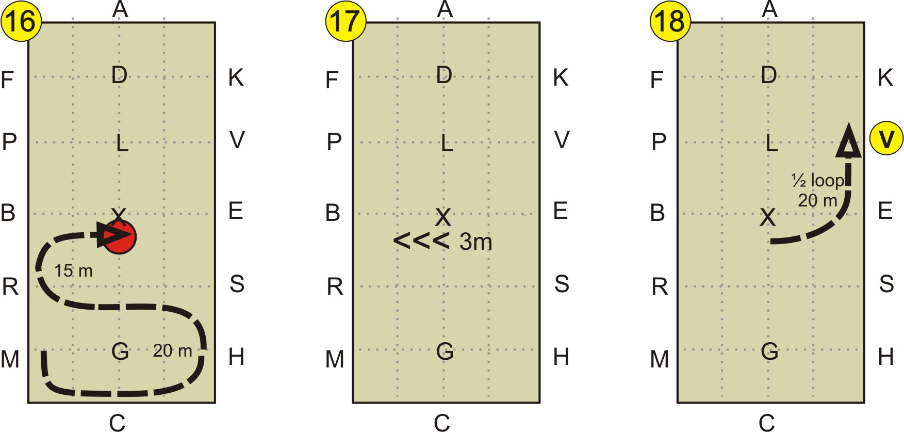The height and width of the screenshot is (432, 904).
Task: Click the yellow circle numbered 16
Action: click(21, 22)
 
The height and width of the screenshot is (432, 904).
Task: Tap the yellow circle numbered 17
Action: click(346, 22)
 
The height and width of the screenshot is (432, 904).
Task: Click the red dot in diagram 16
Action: click(120, 237)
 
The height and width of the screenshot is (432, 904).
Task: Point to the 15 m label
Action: click(73, 270)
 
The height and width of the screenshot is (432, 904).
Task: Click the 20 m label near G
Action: click(172, 351)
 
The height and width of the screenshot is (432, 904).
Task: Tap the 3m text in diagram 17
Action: click(475, 242)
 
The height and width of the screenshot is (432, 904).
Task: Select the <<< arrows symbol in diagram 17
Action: click(421, 241)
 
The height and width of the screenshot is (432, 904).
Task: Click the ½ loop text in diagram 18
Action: click(817, 181)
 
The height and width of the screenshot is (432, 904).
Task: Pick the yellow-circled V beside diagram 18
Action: click(886, 138)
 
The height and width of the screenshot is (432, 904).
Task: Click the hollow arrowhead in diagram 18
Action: click(848, 141)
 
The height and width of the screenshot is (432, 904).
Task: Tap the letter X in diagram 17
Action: click(443, 217)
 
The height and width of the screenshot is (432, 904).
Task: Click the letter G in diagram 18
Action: click(769, 351)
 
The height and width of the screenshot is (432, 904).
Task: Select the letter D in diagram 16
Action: click(119, 75)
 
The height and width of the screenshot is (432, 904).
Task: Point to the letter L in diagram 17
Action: click(447, 142)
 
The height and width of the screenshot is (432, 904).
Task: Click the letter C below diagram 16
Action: click(117, 423)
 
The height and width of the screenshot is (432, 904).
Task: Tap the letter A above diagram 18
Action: click(769, 9)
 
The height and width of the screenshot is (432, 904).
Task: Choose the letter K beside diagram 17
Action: click(561, 78)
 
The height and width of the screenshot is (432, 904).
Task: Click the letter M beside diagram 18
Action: click(659, 359)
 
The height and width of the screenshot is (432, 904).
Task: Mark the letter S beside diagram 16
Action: click(237, 284)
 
